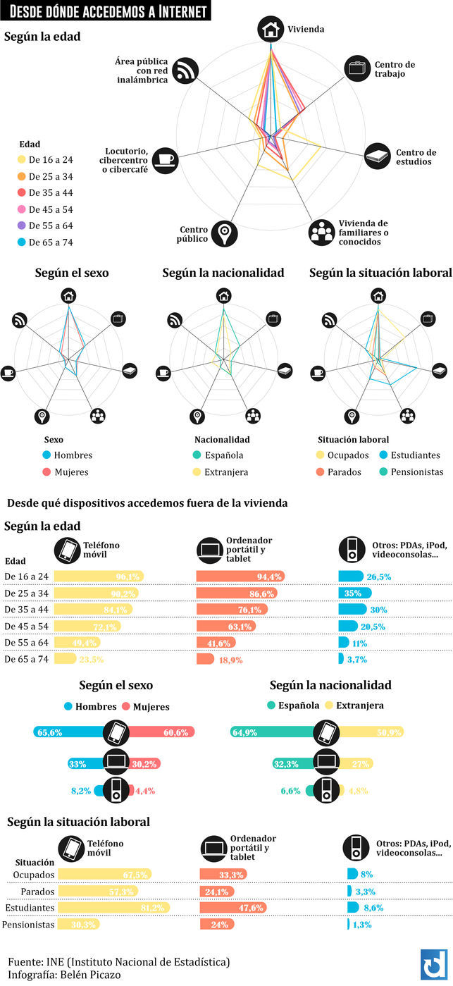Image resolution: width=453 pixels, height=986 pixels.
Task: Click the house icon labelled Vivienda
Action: tap(270, 29)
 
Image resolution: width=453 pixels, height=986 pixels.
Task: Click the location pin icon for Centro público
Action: tap(224, 232)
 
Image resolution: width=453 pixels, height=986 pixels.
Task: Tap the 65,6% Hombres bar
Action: tap(68, 732)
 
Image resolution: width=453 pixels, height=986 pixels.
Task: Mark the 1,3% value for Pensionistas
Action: tap(364, 924)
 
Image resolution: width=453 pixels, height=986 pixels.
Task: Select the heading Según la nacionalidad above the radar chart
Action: tap(223, 273)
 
